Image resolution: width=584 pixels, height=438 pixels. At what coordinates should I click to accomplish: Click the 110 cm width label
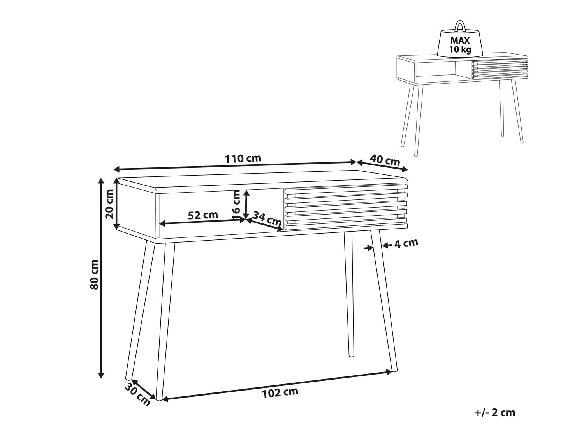pyautogui.click(x=243, y=158)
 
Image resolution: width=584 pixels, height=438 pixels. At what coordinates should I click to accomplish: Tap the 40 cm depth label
pyautogui.click(x=385, y=160)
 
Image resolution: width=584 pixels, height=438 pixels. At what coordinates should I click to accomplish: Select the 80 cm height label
pyautogui.click(x=94, y=275)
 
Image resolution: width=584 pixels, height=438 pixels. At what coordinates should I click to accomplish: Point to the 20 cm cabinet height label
pyautogui.click(x=109, y=204)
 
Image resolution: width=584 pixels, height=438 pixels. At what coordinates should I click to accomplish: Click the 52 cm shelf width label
pyautogui.click(x=203, y=215)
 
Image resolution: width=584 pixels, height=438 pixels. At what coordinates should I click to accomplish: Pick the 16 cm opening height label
pyautogui.click(x=236, y=205)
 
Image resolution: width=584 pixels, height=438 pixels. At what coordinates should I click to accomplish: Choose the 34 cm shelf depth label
pyautogui.click(x=267, y=218)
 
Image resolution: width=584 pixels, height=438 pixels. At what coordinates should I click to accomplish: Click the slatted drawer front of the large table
pyautogui.click(x=346, y=209)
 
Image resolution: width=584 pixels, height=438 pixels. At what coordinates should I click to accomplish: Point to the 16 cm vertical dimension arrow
pyautogui.click(x=247, y=204)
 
